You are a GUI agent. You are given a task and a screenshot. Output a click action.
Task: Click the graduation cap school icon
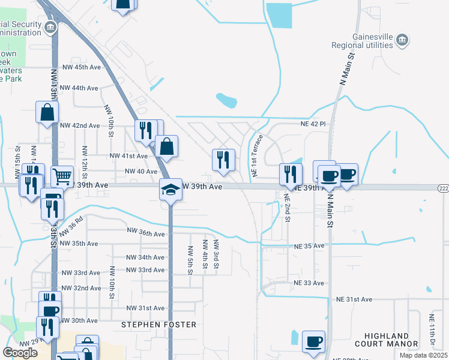point(170,190)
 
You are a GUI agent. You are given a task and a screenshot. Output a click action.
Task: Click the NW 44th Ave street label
point(79,88)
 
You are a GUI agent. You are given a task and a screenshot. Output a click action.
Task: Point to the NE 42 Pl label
point(313,124)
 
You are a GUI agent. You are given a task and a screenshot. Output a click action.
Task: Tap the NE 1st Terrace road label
point(256,155)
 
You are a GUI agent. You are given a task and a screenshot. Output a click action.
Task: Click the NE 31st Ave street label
point(354,299)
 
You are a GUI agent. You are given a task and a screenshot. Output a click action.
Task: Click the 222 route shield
point(442,188)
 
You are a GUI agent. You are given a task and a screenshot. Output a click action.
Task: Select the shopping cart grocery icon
point(62,176)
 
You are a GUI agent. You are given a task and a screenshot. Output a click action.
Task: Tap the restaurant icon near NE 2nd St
point(291,174)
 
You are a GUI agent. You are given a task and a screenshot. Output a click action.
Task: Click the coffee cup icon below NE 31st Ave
point(313,341)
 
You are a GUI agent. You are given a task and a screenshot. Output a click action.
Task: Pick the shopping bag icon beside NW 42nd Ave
point(47,112)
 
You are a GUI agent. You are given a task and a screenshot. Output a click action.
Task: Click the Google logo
point(20,352)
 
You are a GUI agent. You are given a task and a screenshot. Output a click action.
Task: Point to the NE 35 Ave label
point(309,246)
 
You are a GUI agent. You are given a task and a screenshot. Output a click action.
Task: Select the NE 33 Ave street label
point(309,283)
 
